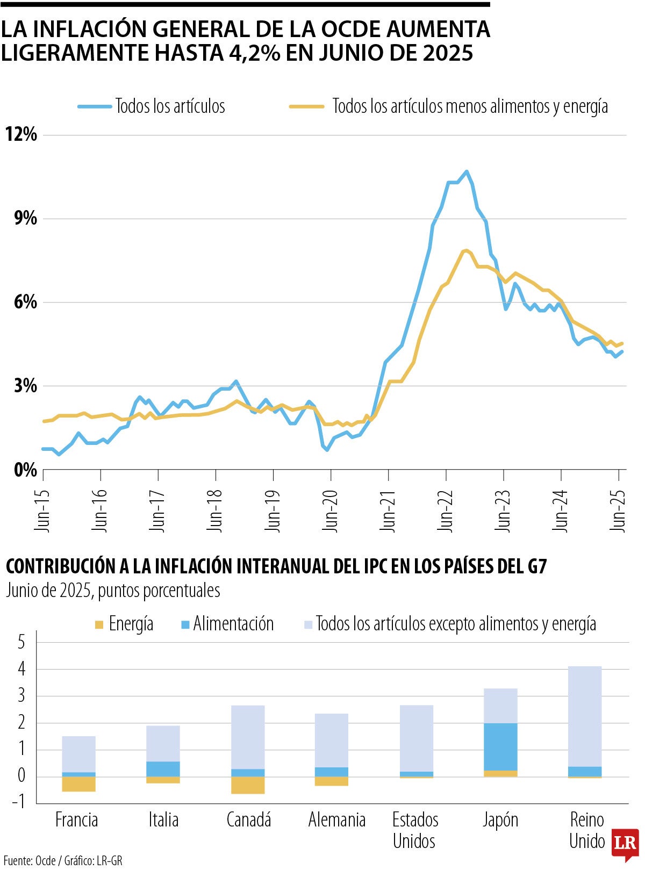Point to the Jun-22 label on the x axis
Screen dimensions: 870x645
pos(446,510)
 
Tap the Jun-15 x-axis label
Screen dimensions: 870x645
pos(42,510)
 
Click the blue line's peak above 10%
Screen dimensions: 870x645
pos(466,172)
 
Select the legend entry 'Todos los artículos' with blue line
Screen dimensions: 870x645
pos(170,106)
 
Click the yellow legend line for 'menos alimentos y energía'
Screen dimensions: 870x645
pos(306,106)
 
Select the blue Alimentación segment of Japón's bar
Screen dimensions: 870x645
pos(500,747)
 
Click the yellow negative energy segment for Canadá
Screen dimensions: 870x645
pos(248,785)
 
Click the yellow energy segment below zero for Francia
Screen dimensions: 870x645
pos(78,784)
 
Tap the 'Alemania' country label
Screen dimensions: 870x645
pos(336,820)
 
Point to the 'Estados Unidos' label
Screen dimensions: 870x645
pos(414,830)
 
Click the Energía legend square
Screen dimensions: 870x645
pos(99,624)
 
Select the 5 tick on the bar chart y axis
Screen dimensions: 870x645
pos(21,642)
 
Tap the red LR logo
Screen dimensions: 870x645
pos(625,843)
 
